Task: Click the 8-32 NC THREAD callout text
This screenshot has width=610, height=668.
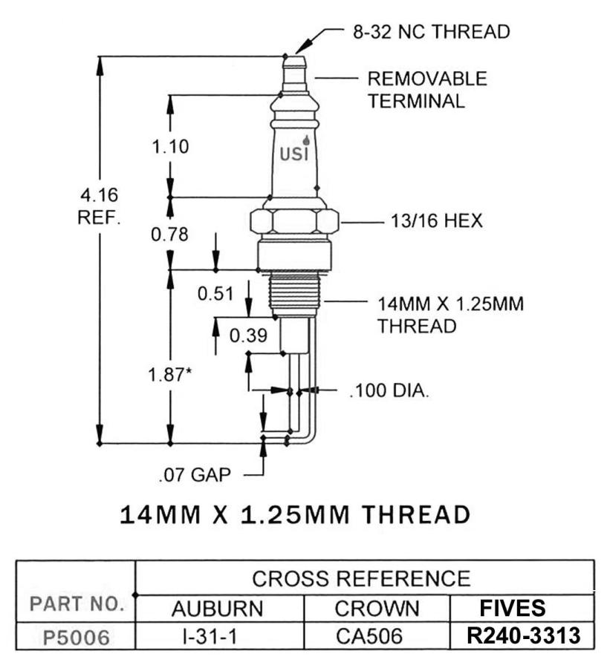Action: point(431,32)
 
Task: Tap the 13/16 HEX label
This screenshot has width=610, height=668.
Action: point(436,221)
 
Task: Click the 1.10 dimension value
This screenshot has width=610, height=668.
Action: point(170,146)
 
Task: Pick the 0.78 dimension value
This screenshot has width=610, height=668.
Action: point(169,235)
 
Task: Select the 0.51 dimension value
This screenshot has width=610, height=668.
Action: point(215,294)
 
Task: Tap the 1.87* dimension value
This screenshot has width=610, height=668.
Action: point(170,375)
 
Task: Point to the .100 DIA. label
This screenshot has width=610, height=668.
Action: point(389,390)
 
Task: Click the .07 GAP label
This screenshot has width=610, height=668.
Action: point(194,474)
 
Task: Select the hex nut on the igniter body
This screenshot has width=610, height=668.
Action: point(294,221)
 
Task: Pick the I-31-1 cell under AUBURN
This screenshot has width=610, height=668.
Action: point(218,637)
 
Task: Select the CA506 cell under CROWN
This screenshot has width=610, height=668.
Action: point(377,637)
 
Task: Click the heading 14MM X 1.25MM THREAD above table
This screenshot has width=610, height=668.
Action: point(295,514)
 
